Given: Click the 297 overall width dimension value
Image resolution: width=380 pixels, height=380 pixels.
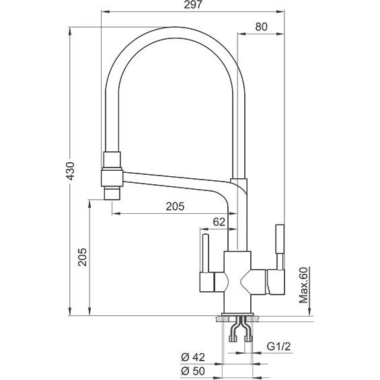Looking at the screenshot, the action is tap(192, 5).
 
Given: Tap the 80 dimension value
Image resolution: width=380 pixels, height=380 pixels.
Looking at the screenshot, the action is tap(261, 27).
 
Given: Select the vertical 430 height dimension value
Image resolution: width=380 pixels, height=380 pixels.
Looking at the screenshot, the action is tap(71, 171).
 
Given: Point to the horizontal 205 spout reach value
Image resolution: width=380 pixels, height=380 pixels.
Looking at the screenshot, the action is tap(175, 206).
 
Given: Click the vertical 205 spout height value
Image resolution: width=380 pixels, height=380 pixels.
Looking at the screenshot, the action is tap(83, 257).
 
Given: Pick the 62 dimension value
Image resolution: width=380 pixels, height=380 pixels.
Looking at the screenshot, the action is tap(219, 222).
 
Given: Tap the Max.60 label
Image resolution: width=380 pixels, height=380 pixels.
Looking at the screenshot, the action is tap(303, 285).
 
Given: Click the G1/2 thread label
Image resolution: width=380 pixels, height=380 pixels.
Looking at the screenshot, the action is tap(278, 347).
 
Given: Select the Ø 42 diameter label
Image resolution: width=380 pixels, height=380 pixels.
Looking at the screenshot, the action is tap(193, 357).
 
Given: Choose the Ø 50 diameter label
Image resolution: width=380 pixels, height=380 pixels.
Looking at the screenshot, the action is tap(193, 371).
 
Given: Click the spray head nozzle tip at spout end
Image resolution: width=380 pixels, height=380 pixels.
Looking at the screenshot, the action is tap(112, 194).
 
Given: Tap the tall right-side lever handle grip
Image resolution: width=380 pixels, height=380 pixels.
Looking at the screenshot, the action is tap(280, 239).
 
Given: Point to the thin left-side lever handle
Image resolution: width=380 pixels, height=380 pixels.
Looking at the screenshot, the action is tap(206, 254).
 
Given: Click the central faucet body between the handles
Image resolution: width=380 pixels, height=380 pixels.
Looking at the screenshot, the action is tap(237, 282).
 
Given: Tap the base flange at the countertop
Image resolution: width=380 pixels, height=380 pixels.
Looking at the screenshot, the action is tap(237, 315).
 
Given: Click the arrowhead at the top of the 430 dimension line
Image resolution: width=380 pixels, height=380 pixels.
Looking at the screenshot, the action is tap(70, 31).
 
